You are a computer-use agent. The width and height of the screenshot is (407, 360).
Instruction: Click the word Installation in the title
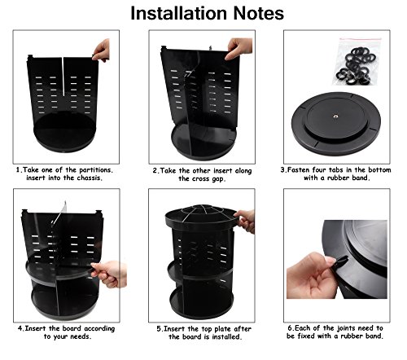[179, 13]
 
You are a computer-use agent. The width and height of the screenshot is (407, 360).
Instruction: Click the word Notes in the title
[259, 13]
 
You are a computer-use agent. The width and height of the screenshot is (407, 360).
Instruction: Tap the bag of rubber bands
[357, 62]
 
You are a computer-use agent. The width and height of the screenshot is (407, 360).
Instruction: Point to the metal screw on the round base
[335, 116]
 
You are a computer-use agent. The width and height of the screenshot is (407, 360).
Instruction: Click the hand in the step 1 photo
[102, 50]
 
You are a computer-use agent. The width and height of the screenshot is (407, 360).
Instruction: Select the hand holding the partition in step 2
[239, 48]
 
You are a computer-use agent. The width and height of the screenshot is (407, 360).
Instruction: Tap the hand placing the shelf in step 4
[109, 274]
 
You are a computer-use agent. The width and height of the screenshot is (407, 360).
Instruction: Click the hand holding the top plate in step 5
[245, 220]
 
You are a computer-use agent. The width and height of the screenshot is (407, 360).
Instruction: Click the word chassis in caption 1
[89, 178]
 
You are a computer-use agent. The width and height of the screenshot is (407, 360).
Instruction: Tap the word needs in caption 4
[80, 336]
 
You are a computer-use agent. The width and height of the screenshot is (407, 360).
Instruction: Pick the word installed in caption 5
[226, 337]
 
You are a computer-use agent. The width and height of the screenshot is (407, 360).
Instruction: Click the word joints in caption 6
[346, 328]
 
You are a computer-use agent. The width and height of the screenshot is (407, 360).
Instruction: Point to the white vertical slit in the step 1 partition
[63, 77]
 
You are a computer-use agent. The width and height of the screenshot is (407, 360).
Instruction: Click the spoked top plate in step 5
[202, 214]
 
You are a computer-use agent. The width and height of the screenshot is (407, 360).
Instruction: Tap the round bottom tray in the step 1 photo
[64, 132]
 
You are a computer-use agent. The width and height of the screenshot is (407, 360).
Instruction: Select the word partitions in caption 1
[96, 170]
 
